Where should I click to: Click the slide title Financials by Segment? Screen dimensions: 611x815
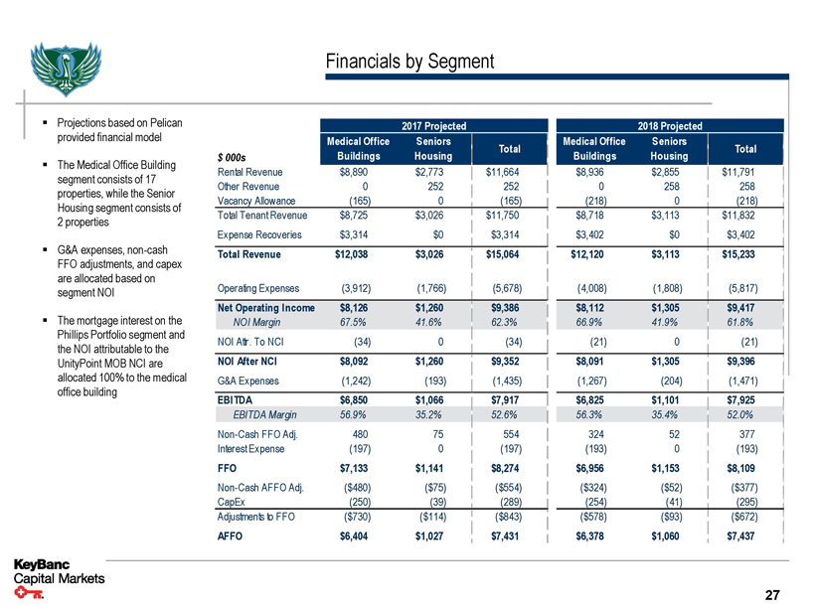click(409, 62)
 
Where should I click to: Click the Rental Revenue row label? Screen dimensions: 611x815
click(248, 172)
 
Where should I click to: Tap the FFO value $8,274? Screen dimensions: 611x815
click(507, 466)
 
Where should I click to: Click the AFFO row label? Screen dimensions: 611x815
click(230, 536)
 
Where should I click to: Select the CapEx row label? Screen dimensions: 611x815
click(232, 503)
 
